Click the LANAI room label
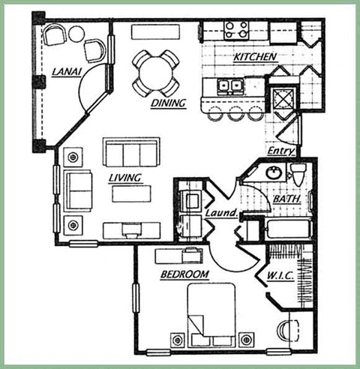[67, 72]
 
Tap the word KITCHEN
[254, 57]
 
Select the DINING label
[168, 103]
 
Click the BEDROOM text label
[184, 274]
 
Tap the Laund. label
[221, 214]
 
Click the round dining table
[156, 72]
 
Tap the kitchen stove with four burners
[236, 29]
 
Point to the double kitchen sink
[230, 85]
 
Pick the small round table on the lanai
[76, 33]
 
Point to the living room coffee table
[132, 193]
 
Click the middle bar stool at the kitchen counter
[235, 114]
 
